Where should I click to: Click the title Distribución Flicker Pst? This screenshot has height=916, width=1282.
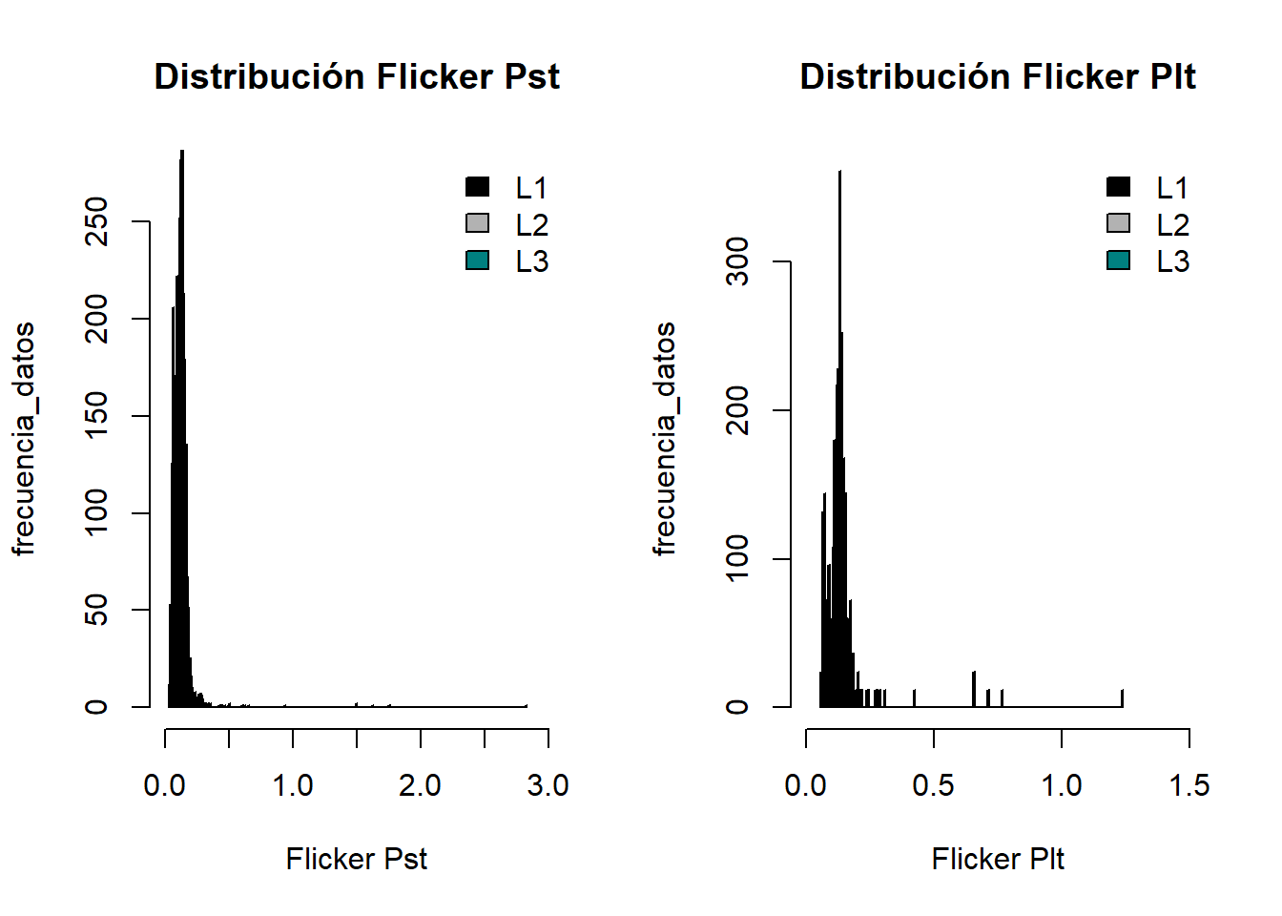[x=357, y=77]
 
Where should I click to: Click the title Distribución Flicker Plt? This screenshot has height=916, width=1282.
[x=998, y=77]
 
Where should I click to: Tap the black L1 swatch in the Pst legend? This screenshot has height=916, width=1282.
[x=478, y=187]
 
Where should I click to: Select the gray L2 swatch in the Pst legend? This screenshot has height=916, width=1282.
[x=478, y=223]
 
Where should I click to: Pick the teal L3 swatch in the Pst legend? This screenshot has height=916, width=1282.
[x=478, y=260]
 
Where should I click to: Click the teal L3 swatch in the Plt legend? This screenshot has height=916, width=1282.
[x=1119, y=260]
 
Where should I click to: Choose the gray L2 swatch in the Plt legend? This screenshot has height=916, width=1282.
[x=1119, y=223]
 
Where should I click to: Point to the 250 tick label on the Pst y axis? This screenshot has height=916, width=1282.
[x=96, y=221]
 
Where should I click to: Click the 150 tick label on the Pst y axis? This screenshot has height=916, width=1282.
[x=96, y=416]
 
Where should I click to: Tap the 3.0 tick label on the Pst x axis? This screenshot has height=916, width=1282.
[x=548, y=786]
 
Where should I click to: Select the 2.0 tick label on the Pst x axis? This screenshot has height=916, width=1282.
[x=420, y=786]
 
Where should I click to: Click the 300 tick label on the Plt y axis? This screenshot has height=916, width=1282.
[x=737, y=261]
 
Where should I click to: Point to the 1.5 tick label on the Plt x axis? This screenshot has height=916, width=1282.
[x=1189, y=786]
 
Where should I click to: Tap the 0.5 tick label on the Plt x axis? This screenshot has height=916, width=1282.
[x=933, y=786]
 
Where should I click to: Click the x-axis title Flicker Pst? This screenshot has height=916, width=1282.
[x=357, y=860]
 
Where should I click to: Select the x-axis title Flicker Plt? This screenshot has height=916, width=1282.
[x=998, y=860]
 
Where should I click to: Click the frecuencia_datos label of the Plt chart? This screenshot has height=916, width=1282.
[x=664, y=439]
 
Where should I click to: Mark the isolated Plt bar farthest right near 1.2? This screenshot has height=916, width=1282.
[x=1122, y=698]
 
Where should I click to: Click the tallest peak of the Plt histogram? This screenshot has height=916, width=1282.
[x=839, y=174]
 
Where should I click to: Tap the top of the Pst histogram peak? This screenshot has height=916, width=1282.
[x=181, y=153]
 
